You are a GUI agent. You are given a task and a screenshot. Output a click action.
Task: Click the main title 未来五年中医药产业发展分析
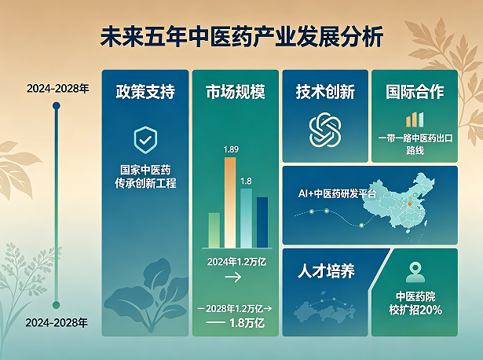coord(242,37)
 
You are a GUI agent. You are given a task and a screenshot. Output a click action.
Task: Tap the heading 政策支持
coord(145,91)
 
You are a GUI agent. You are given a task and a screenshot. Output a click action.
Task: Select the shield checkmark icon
coord(145,140)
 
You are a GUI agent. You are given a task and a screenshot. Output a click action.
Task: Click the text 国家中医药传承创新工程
coord(145,177)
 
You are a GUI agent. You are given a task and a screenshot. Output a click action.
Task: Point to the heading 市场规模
coord(236,92)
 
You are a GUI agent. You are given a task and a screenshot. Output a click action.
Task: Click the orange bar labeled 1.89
coord(230,203)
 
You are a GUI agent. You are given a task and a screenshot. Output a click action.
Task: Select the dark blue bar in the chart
coord(262,222)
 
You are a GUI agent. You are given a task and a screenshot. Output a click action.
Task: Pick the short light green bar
coord(214,230)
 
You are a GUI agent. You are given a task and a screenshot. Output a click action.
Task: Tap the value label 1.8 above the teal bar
coord(246,181)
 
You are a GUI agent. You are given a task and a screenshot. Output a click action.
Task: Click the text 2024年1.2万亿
coord(236,262)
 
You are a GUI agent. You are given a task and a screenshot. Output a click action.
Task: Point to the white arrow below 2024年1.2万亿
coord(233,277)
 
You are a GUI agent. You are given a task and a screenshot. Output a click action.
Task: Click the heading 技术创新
coord(325,92)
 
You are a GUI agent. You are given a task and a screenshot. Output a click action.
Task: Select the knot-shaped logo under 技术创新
coord(325,130)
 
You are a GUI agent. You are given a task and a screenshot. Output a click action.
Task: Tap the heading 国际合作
coord(415,92)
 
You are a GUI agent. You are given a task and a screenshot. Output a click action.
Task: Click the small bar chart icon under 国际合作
coord(415,120)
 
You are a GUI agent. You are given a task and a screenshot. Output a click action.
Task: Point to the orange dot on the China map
coord(410,204)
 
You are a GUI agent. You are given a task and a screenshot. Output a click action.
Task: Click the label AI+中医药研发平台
coord(337,193)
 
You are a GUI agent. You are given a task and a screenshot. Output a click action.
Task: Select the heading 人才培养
coord(326,271)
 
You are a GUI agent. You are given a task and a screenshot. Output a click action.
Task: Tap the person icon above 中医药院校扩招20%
coord(415,273)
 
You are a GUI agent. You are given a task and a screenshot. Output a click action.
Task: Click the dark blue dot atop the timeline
coord(57,106)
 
